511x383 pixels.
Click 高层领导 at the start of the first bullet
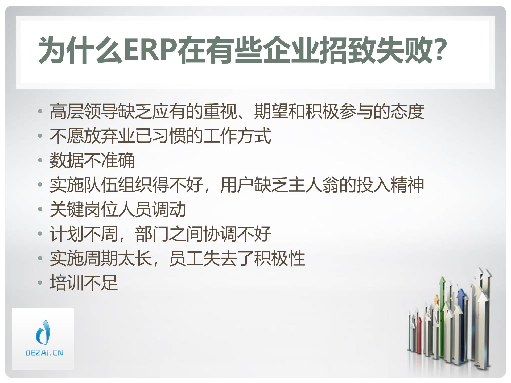pyautogui.click(x=84, y=111)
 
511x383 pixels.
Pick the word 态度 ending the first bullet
pyautogui.click(x=407, y=111)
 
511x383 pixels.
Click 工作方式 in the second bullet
pyautogui.click(x=237, y=136)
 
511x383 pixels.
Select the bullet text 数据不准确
pyautogui.click(x=92, y=160)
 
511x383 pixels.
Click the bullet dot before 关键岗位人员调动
pyautogui.click(x=40, y=209)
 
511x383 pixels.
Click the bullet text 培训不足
pyautogui.click(x=84, y=283)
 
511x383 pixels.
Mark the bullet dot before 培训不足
pyautogui.click(x=40, y=282)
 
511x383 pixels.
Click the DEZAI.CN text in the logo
pyautogui.click(x=44, y=353)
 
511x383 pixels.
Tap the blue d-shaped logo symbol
pyautogui.click(x=43, y=332)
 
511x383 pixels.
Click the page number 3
pyautogui.click(x=478, y=365)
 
